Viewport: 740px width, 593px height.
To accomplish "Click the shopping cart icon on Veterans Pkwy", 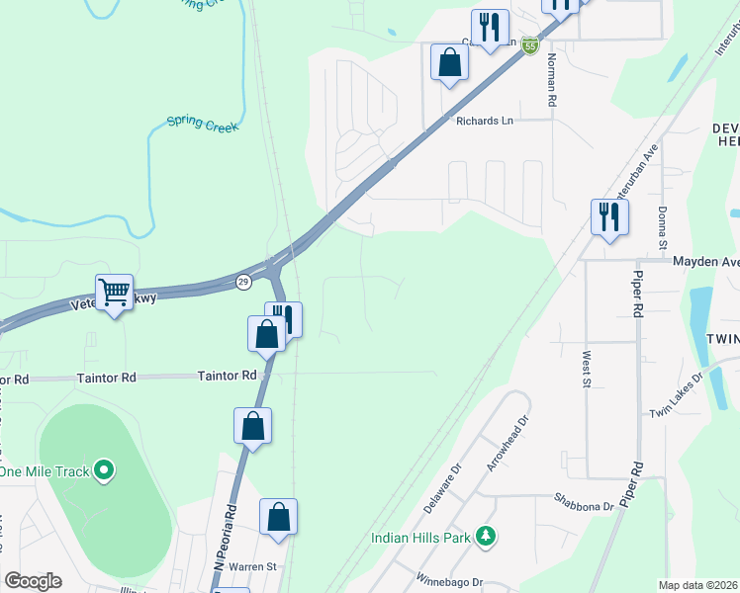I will [115, 293].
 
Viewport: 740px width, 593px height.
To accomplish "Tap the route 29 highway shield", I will [242, 283].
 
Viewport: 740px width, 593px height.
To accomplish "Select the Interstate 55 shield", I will [530, 46].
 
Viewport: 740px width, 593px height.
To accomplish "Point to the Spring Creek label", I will [196, 124].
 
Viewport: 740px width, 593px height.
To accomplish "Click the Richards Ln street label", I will [484, 121].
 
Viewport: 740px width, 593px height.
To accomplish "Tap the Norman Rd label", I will [550, 84].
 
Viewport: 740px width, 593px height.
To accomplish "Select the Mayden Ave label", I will [706, 262].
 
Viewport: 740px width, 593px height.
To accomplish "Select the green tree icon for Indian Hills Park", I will [485, 536].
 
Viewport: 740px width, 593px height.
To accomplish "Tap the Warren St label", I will [251, 567].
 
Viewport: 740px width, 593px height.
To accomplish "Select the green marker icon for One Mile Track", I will [104, 471].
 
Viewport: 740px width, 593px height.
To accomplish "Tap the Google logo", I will [33, 581].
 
